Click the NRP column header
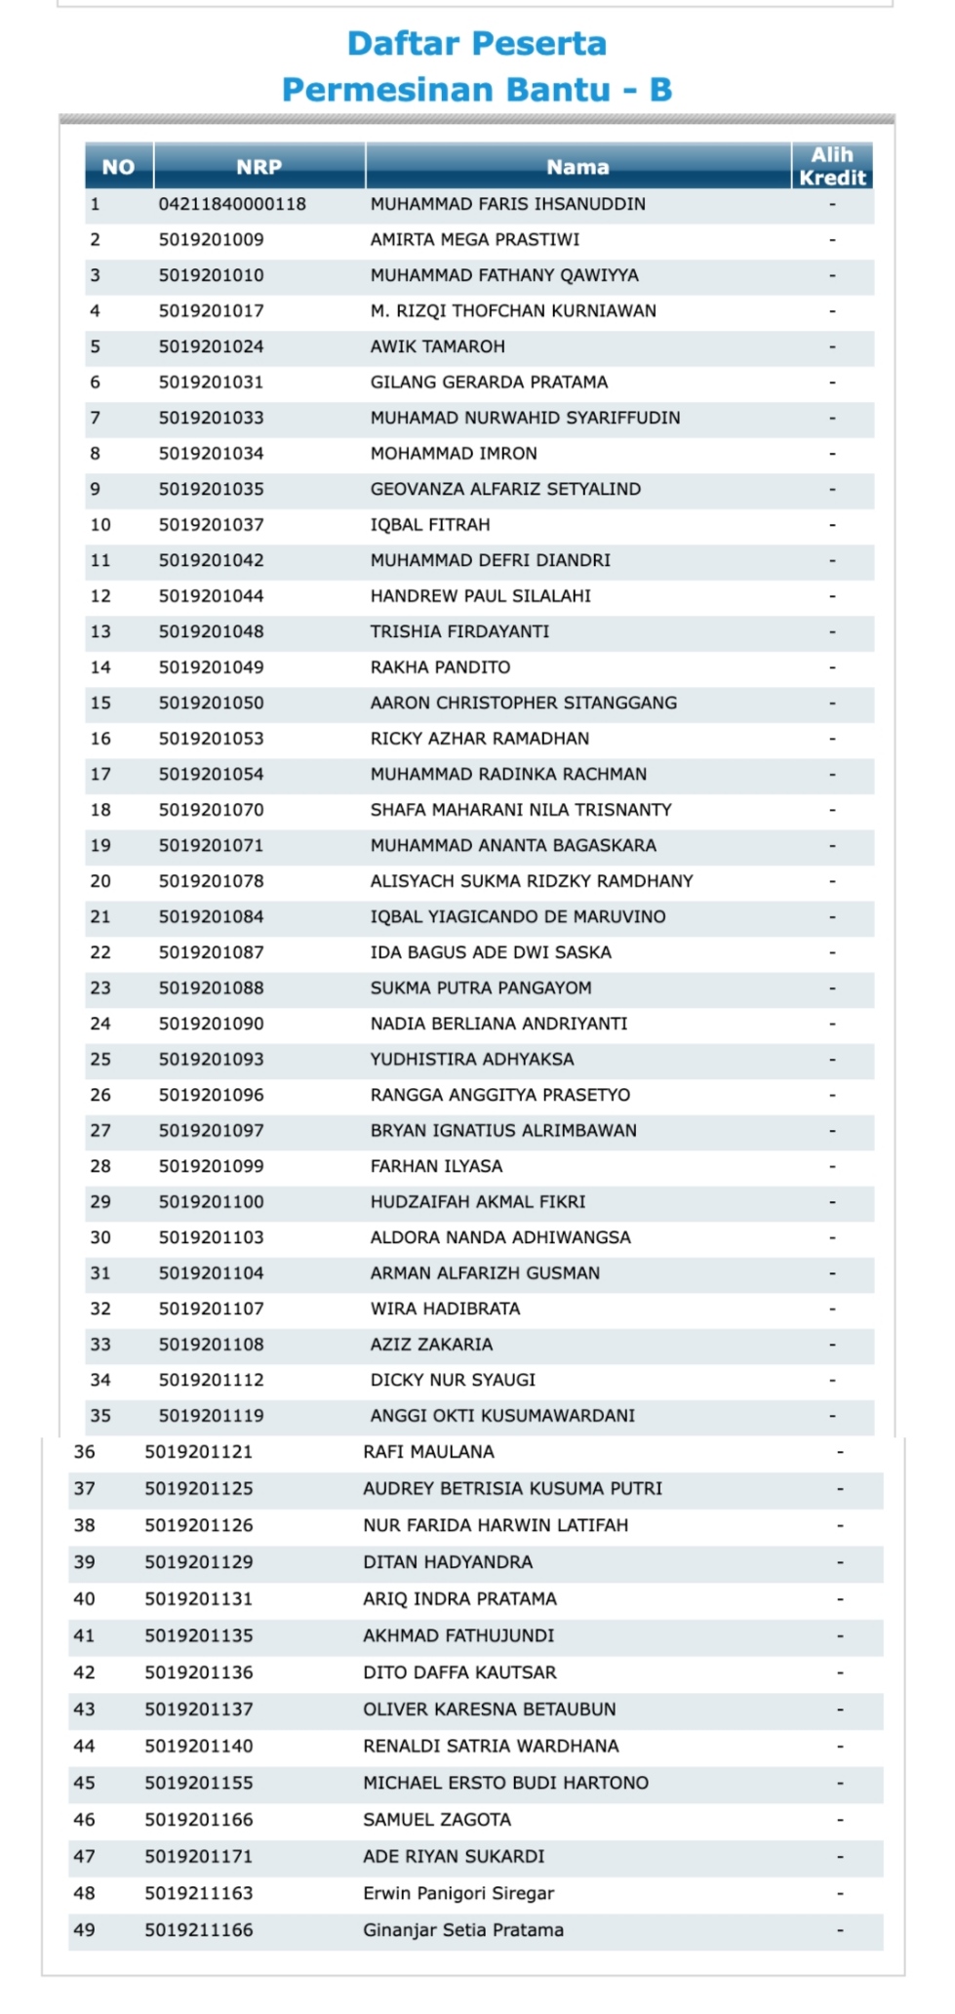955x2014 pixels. click(x=259, y=167)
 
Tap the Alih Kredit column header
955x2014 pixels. click(x=832, y=166)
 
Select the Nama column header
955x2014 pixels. click(x=577, y=167)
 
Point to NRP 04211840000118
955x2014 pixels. click(x=232, y=204)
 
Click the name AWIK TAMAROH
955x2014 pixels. click(x=437, y=346)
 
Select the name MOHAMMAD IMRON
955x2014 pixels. click(x=454, y=454)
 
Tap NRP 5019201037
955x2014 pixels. click(x=211, y=525)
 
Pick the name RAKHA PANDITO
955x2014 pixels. click(x=440, y=667)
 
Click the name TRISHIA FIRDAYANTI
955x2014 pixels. click(x=459, y=631)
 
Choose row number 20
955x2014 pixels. click(x=100, y=881)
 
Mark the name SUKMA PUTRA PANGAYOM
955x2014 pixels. click(x=481, y=987)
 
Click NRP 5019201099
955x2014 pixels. click(x=211, y=1166)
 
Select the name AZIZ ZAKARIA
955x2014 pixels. click(x=431, y=1345)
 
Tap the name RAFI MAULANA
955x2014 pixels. click(x=428, y=1452)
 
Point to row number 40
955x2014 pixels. click(x=85, y=1599)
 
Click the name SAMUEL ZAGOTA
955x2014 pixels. click(x=437, y=1820)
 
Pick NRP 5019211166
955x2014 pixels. click(x=199, y=1930)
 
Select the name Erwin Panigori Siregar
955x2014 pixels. click(x=458, y=1893)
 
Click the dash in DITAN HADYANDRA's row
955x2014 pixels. click(x=840, y=1562)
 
